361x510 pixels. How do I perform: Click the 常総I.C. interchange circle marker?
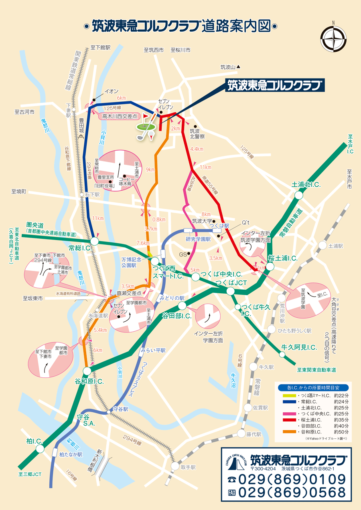95,241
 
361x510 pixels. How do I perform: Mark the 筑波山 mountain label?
228,67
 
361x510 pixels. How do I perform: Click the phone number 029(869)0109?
292,479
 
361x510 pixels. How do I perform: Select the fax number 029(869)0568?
292,492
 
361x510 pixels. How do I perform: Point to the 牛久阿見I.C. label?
299,347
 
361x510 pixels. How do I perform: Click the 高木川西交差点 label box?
119,117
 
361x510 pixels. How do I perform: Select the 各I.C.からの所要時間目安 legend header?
313,388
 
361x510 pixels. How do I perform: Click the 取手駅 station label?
188,467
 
